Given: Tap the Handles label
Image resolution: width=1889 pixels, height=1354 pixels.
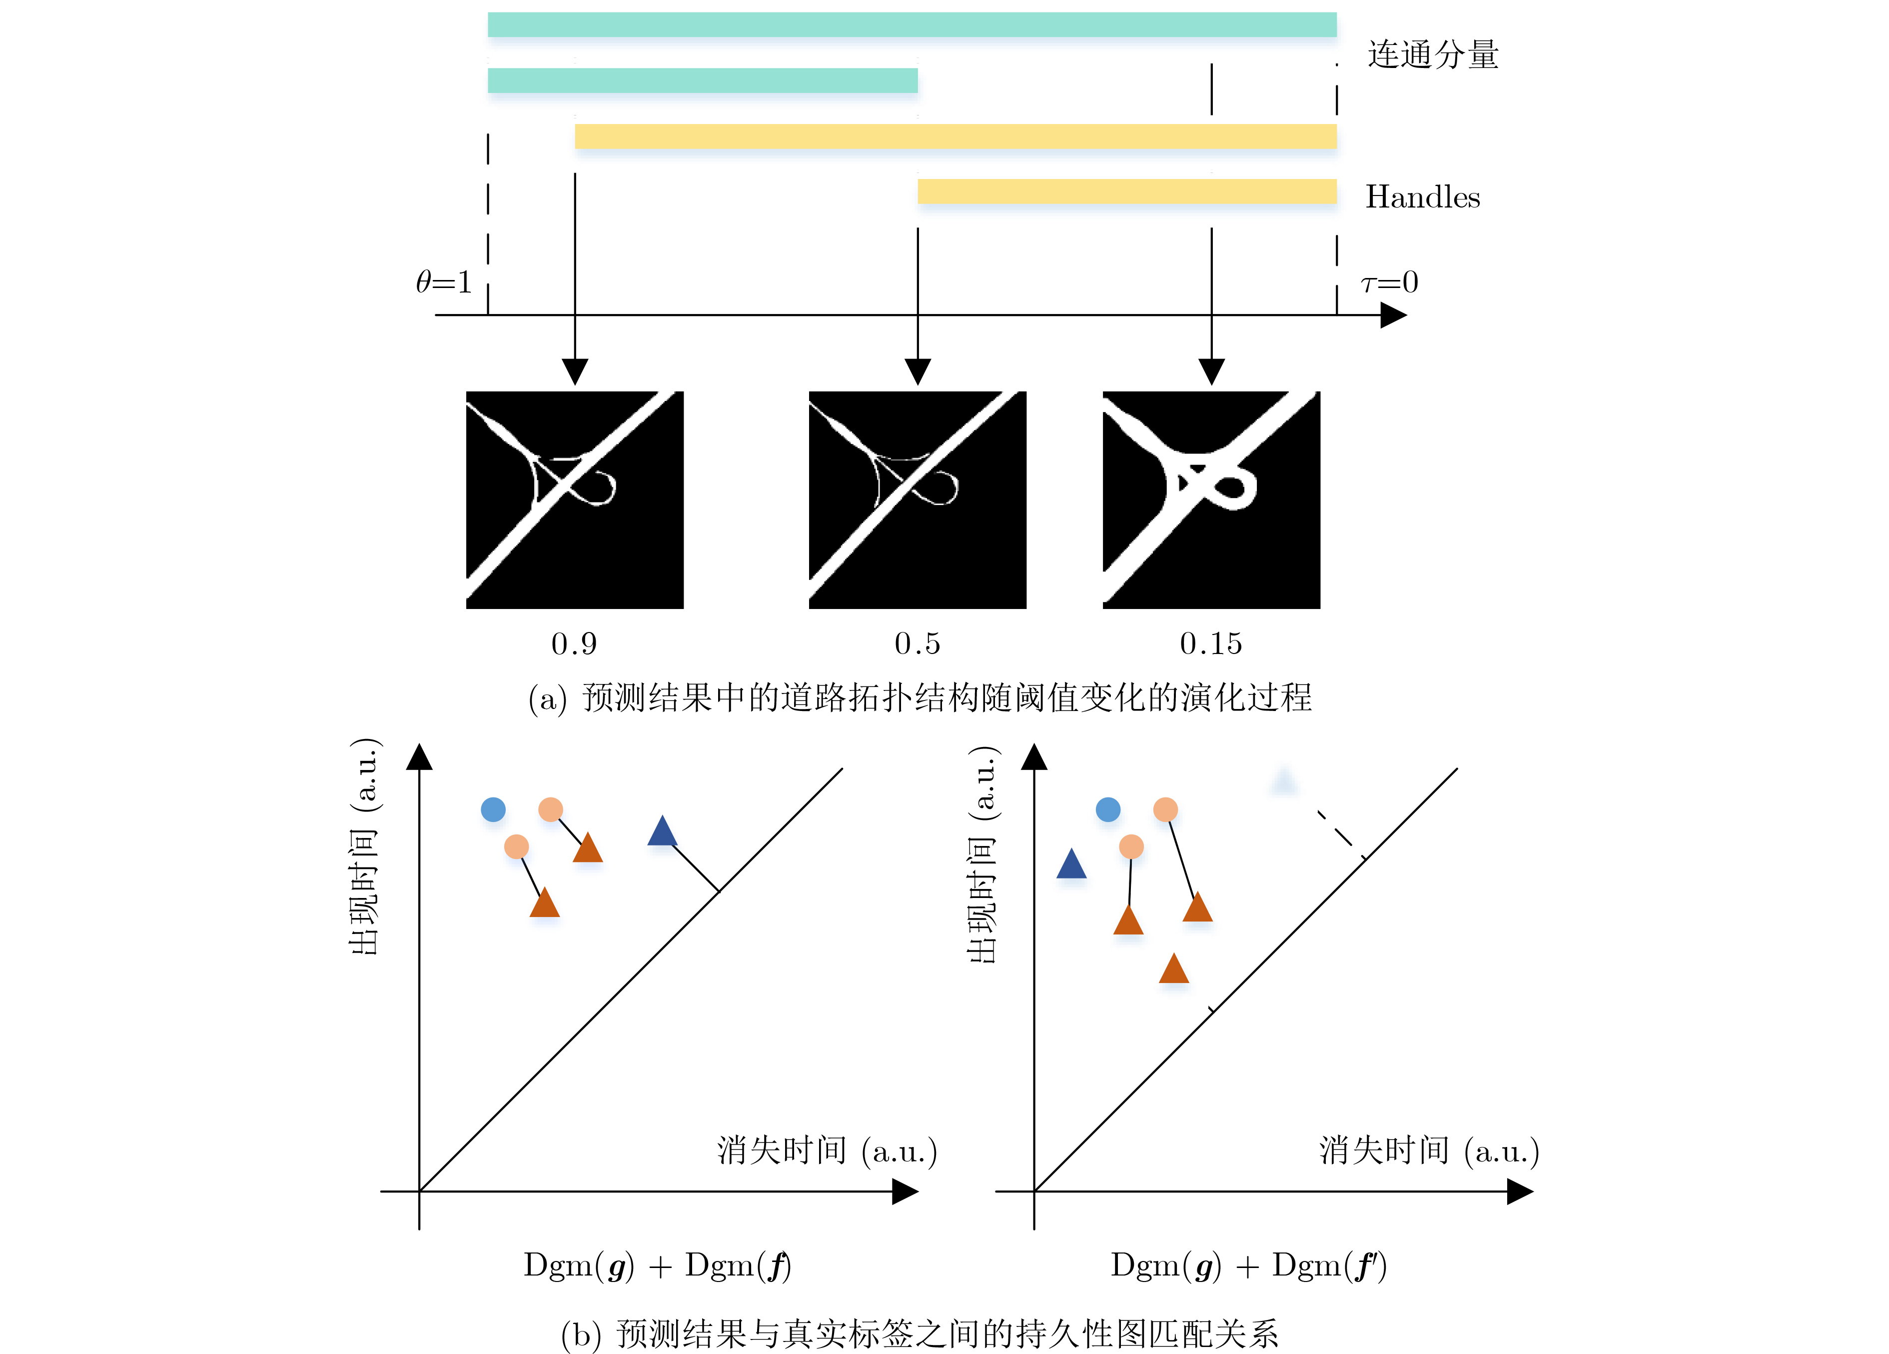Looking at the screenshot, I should click(x=1423, y=197).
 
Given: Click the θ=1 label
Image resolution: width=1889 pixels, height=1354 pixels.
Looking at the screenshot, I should click(x=444, y=282).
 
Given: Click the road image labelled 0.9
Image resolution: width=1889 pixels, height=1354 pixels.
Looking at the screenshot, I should click(x=575, y=500).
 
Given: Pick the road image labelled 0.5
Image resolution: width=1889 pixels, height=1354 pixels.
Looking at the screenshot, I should click(x=917, y=500).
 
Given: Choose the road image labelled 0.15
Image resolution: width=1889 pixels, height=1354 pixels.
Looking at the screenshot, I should click(x=1211, y=500).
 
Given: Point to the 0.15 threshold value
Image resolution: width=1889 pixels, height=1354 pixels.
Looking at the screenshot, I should click(x=1210, y=644).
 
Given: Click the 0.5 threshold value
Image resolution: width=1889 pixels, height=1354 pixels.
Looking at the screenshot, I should click(x=917, y=644).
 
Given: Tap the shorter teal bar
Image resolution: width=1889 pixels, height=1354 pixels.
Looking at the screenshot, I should click(x=702, y=81).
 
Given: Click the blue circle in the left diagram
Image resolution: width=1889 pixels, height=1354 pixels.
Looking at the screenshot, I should click(x=493, y=809).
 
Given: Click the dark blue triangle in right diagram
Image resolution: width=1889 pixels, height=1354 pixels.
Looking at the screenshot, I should click(x=1071, y=865).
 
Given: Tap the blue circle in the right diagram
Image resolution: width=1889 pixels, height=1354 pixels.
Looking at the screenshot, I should click(x=1108, y=809).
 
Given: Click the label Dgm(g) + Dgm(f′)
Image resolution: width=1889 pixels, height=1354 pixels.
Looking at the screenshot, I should click(x=1248, y=1265).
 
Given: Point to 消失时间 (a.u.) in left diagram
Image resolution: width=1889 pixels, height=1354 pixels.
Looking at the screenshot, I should click(x=827, y=1150).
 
